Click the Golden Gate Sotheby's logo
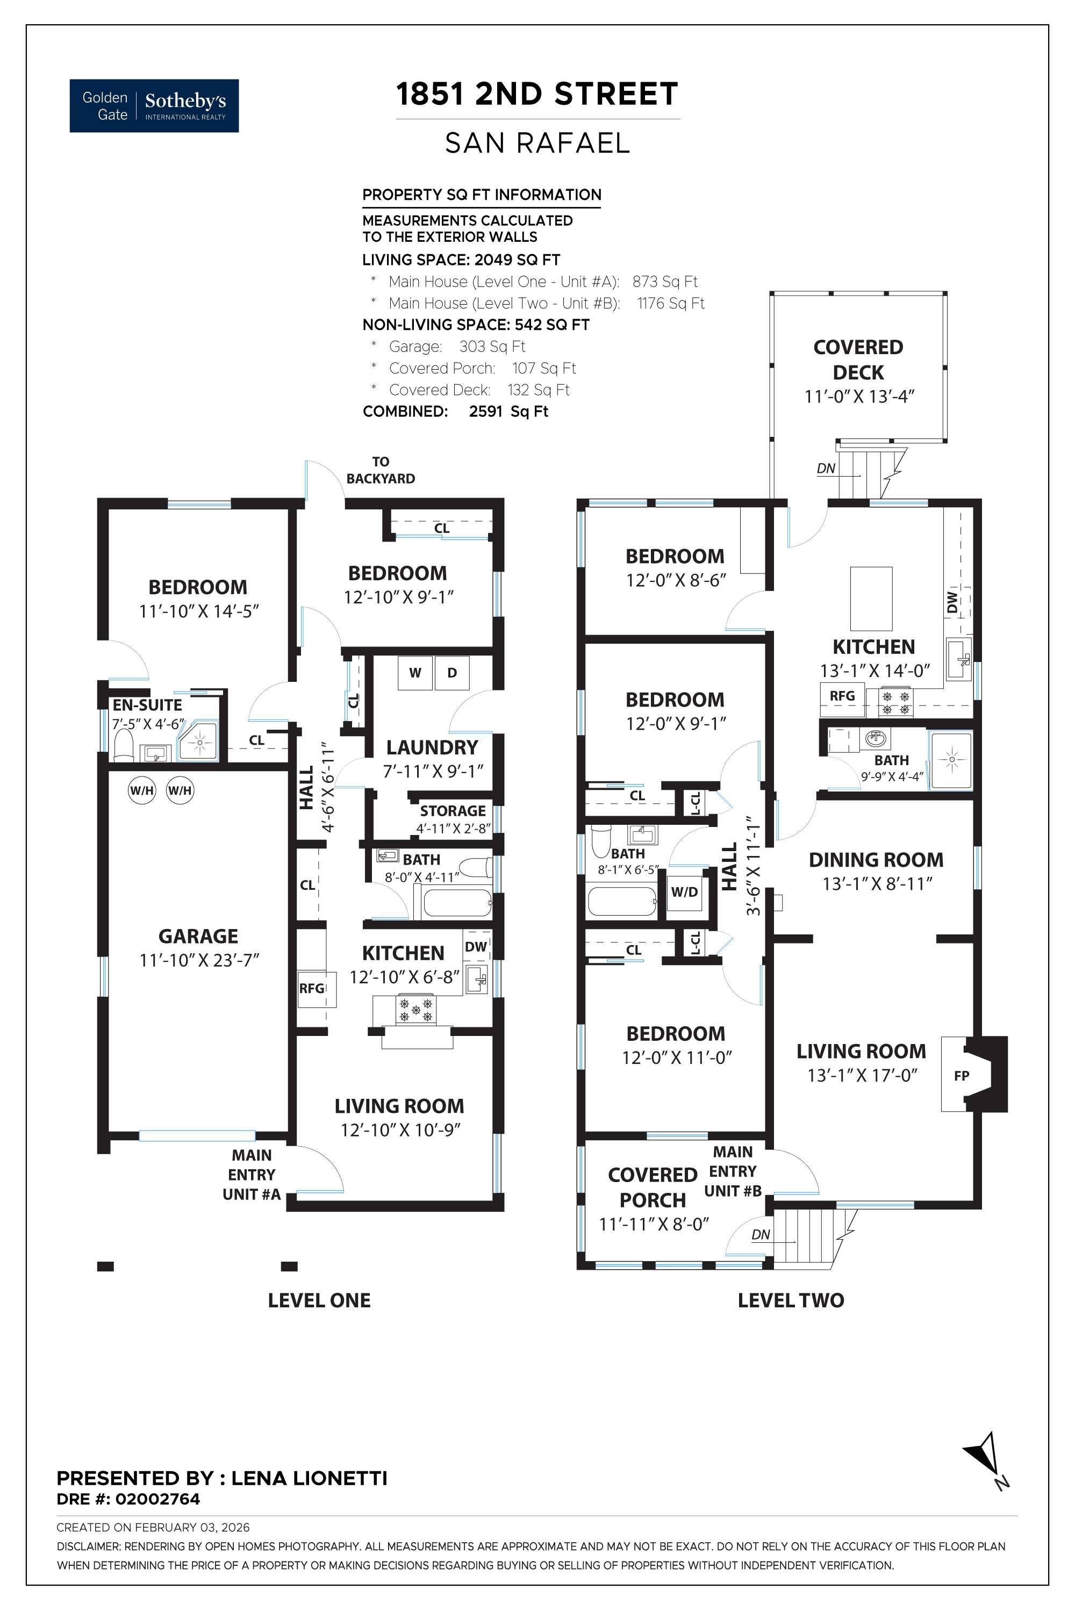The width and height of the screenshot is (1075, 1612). pyautogui.click(x=154, y=105)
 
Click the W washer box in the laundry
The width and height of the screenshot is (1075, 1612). pyautogui.click(x=415, y=673)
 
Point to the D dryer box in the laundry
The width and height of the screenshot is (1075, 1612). pyautogui.click(x=452, y=673)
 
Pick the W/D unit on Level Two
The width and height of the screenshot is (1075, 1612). pyautogui.click(x=684, y=891)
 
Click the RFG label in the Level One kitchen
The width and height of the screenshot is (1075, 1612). pyautogui.click(x=311, y=988)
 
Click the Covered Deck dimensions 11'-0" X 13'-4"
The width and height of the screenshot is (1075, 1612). pyautogui.click(x=859, y=396)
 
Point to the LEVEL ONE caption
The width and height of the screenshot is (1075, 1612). pyautogui.click(x=319, y=1300)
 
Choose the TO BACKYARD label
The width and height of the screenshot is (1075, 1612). pyautogui.click(x=381, y=470)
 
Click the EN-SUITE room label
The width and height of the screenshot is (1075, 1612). pyautogui.click(x=147, y=704)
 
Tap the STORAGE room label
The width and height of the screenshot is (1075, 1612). pyautogui.click(x=453, y=810)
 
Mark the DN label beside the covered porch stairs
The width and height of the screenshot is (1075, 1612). pyautogui.click(x=761, y=1234)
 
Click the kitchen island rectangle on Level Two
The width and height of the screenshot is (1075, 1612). pyautogui.click(x=871, y=599)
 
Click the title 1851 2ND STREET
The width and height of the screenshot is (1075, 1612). pyautogui.click(x=537, y=94)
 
